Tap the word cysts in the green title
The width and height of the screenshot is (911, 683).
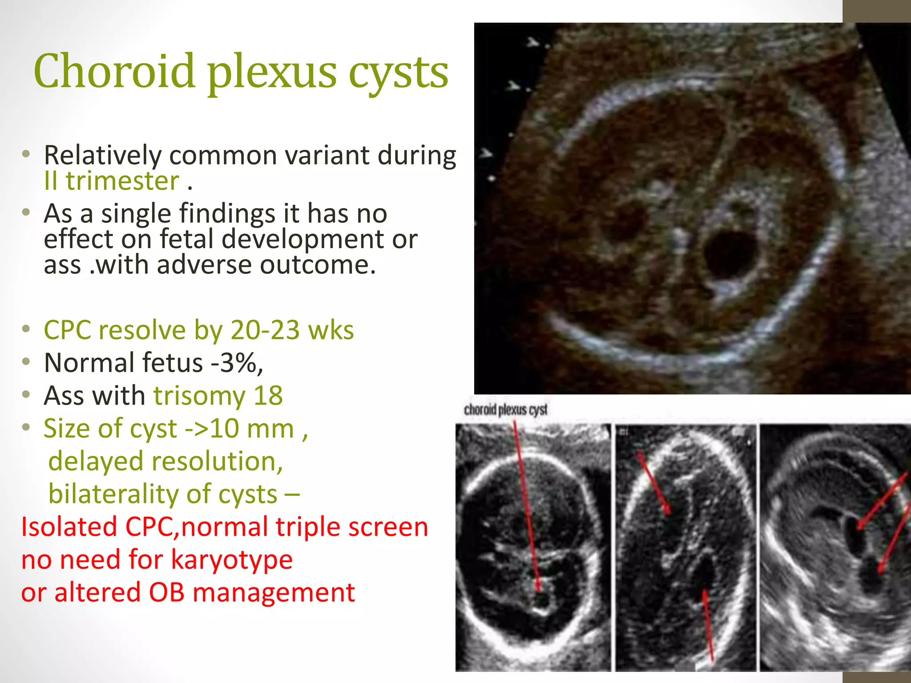pos(398,73)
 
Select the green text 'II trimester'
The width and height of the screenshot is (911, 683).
pos(111,181)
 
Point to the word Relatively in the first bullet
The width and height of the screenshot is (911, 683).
pos(102,156)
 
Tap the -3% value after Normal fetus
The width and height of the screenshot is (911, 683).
pos(237,363)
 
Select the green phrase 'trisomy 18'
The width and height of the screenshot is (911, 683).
pos(218,395)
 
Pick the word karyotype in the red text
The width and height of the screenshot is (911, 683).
pos(231,559)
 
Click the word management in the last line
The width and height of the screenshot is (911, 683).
pos(274,592)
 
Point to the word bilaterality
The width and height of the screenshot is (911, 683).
pos(163,494)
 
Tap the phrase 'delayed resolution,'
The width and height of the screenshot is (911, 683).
pos(165,461)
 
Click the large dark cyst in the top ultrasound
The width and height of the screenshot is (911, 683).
pos(730,253)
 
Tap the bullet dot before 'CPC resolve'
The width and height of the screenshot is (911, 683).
pos(26,329)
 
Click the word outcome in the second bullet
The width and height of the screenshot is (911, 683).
pos(318,265)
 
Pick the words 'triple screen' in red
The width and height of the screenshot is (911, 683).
pos(351,527)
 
